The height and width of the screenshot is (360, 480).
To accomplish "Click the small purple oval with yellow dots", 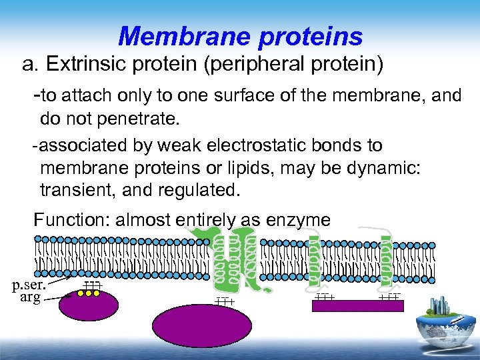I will [88, 303].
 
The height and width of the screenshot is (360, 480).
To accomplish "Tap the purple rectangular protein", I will [358, 306].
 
